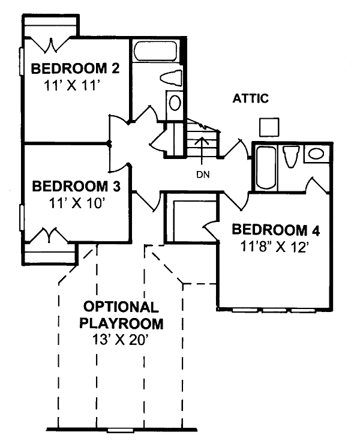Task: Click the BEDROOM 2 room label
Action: tap(75, 68)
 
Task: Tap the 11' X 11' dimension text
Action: tap(72, 85)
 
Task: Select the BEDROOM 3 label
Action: tap(76, 187)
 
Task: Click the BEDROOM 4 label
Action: tap(275, 230)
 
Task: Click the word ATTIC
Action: tap(251, 98)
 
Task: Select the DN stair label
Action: tap(203, 175)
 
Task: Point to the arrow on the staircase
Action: tap(202, 151)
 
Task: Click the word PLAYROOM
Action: tap(121, 323)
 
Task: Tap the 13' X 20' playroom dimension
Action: tap(120, 340)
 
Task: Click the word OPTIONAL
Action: tap(121, 307)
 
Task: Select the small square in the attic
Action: tap(269, 127)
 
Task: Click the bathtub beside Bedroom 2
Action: tap(155, 51)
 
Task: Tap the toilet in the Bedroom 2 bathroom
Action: tap(171, 78)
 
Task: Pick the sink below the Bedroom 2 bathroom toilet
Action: tap(175, 103)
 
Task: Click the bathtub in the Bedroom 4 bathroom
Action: tap(266, 168)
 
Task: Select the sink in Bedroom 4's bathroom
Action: tap(316, 154)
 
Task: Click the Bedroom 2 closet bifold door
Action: tap(51, 44)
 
